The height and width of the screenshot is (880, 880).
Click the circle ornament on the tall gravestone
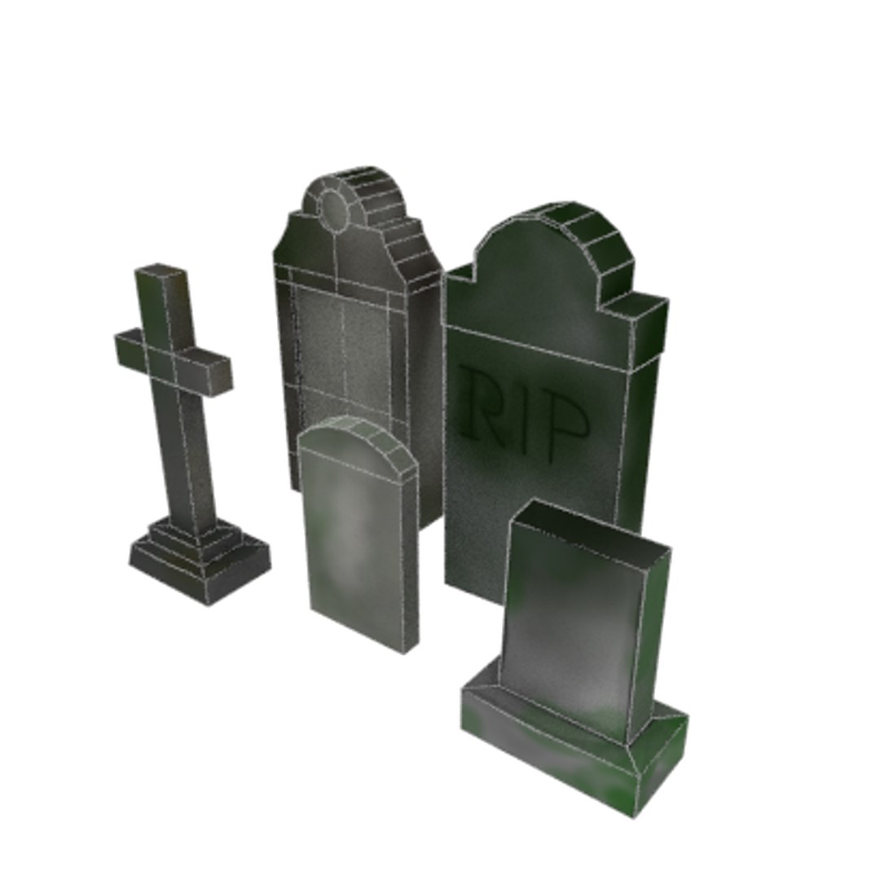pos(334,209)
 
